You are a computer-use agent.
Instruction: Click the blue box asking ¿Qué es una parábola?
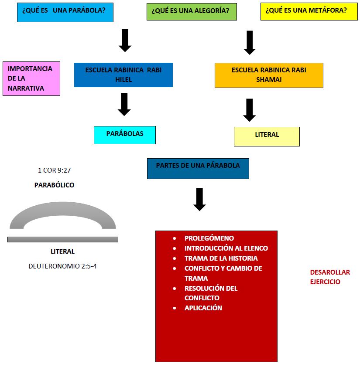pyautogui.click(x=65, y=12)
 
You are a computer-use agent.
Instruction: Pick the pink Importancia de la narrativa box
pyautogui.click(x=31, y=78)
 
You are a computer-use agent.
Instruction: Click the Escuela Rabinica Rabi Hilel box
pyautogui.click(x=123, y=75)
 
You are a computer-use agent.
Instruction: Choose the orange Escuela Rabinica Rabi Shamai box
pyautogui.click(x=269, y=75)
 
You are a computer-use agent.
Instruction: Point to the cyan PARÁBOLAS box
pyautogui.click(x=124, y=134)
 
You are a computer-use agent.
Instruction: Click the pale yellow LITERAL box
pyautogui.click(x=267, y=136)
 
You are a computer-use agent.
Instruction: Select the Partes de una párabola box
pyautogui.click(x=198, y=168)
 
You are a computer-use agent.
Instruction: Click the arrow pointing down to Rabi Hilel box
pyautogui.click(x=125, y=40)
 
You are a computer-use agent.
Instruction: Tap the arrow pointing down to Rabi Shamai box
pyautogui.click(x=250, y=42)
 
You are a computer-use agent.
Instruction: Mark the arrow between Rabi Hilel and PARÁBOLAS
pyautogui.click(x=124, y=104)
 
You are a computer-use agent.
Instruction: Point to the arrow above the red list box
pyautogui.click(x=199, y=199)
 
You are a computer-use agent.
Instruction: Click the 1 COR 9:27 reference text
pyautogui.click(x=54, y=170)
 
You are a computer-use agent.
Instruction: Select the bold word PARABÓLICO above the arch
pyautogui.click(x=54, y=185)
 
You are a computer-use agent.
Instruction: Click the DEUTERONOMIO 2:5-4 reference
pyautogui.click(x=62, y=265)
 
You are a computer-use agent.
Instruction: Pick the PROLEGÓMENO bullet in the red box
pyautogui.click(x=209, y=238)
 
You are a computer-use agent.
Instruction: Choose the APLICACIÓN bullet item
pyautogui.click(x=203, y=308)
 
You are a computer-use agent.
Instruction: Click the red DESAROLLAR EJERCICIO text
pyautogui.click(x=329, y=277)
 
